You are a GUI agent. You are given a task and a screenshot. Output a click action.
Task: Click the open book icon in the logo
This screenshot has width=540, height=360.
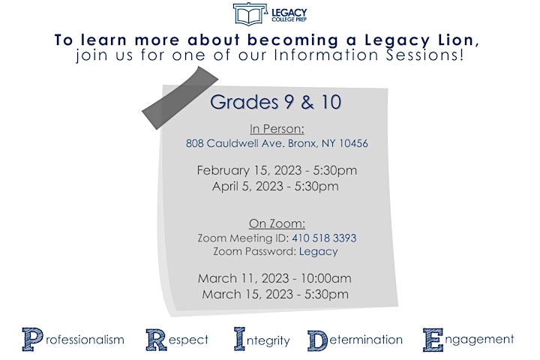coord(250,14)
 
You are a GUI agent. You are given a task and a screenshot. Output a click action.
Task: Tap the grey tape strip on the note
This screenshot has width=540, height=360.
coord(180,97)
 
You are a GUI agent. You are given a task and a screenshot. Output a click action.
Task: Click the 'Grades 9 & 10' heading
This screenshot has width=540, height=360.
coord(275,102)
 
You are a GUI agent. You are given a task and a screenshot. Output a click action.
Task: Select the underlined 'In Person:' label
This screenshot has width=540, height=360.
coord(277,129)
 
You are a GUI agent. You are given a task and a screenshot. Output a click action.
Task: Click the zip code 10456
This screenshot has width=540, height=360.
coord(354,143)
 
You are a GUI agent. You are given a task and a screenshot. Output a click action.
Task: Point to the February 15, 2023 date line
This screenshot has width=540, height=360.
coord(277,170)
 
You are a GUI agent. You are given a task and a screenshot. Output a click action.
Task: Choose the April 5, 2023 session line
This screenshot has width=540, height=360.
coord(275,186)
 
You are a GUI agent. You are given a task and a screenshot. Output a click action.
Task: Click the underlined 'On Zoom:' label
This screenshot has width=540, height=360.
coord(277,223)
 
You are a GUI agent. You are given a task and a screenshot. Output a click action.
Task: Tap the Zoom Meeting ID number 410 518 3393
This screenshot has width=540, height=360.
coord(324,238)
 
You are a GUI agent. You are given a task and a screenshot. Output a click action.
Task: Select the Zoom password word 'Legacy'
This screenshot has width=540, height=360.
coord(318,252)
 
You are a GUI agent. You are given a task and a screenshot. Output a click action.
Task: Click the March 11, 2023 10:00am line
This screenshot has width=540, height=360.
coord(274,278)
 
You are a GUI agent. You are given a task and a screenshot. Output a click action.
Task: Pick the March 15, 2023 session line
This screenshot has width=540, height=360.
coord(275,294)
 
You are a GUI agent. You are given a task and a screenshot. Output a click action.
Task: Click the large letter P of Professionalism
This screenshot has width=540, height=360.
coord(33,339)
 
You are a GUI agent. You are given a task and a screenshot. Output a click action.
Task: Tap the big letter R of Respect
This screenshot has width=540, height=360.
coord(157,340)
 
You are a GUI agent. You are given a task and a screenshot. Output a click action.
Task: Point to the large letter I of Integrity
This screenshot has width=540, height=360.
coord(240,339)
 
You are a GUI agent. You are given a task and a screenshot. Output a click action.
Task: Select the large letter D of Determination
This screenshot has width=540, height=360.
coord(317,340)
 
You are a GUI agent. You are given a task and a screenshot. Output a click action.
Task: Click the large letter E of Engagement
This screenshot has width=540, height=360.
coord(433,340)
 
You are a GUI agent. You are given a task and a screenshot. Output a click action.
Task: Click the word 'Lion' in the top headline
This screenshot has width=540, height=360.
coord(458,40)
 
